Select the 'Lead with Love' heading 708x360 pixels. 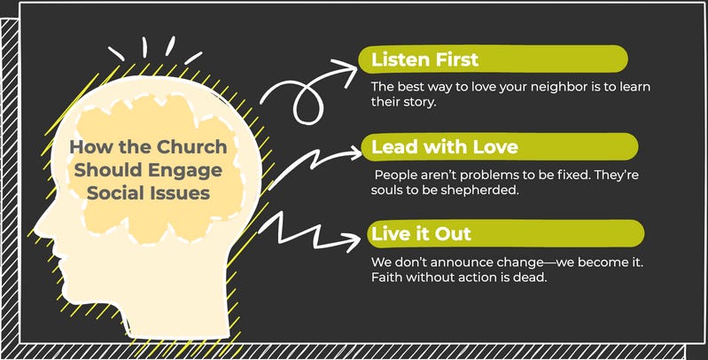pyautogui.click(x=432, y=146)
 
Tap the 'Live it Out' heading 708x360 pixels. pyautogui.click(x=421, y=233)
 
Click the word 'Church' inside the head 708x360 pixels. pyautogui.click(x=196, y=148)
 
